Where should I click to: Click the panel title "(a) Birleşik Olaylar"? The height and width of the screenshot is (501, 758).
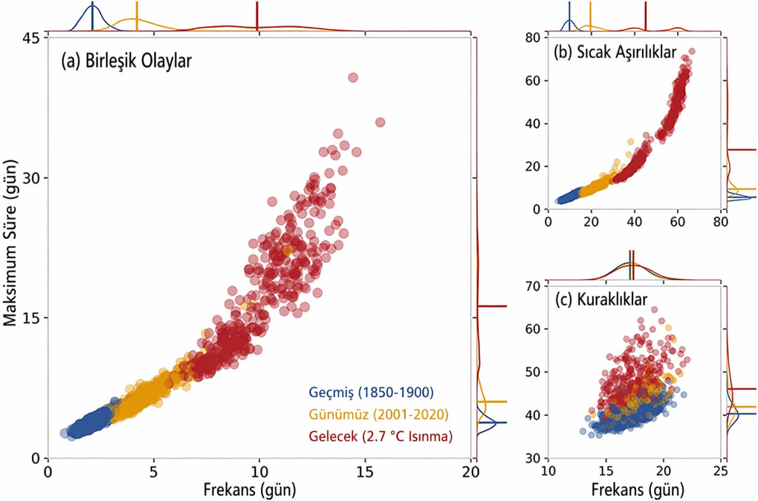[x=127, y=62]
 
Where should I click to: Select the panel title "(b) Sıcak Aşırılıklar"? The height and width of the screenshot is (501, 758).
[x=615, y=52]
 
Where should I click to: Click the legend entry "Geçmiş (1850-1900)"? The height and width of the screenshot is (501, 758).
[x=371, y=392]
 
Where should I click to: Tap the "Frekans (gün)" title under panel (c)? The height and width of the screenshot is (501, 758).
[x=638, y=490]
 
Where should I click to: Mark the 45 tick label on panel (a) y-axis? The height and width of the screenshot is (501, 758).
[x=30, y=38]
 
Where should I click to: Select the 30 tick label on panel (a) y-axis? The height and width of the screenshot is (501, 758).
[x=30, y=178]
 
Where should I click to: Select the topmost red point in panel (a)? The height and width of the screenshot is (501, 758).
[x=353, y=78]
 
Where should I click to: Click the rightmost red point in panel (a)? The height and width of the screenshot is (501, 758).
[x=380, y=123]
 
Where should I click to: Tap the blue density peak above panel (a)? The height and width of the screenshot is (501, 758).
[x=92, y=5]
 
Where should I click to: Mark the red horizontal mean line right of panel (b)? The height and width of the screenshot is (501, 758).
[x=741, y=150]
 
